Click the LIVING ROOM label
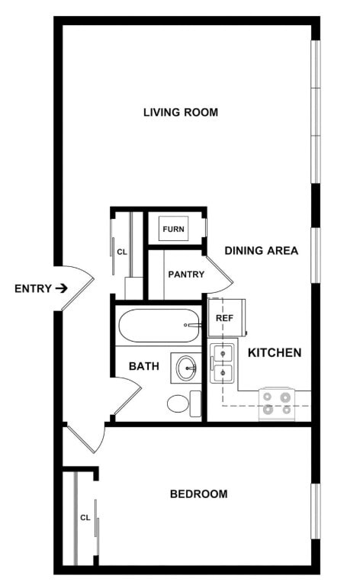point(181,113)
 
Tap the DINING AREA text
point(261,250)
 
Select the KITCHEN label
point(275,353)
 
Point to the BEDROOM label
point(198,494)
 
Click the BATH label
point(143,366)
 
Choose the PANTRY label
point(186,275)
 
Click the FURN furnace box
point(173,229)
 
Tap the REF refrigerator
point(225,317)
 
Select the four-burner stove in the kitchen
point(276,403)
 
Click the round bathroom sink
point(185,368)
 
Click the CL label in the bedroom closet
point(85,518)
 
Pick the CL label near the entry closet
point(121,250)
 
